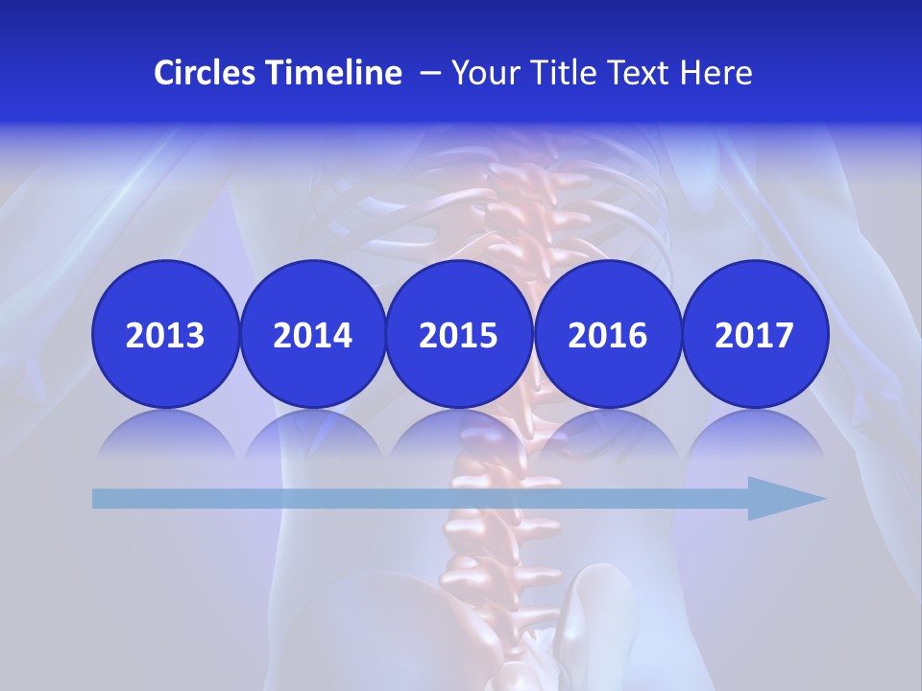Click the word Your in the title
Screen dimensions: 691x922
(481, 73)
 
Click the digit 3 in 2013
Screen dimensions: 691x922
(195, 335)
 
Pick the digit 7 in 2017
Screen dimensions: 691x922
(784, 335)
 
